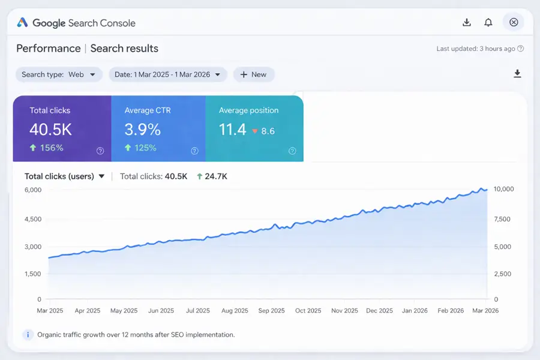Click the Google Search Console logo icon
pyautogui.click(x=22, y=23)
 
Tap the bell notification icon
pyautogui.click(x=488, y=23)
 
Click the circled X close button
pyautogui.click(x=514, y=22)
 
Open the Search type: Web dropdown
pyautogui.click(x=58, y=74)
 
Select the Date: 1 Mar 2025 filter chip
pyautogui.click(x=167, y=74)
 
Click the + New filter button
pyautogui.click(x=253, y=74)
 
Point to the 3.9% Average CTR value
pyautogui.click(x=143, y=129)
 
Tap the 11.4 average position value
pyautogui.click(x=233, y=129)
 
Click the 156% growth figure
pyautogui.click(x=51, y=148)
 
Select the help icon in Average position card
pyautogui.click(x=292, y=151)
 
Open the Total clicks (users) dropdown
pyautogui.click(x=65, y=176)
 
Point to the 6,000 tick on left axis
pyautogui.click(x=33, y=190)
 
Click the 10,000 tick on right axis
pyautogui.click(x=503, y=189)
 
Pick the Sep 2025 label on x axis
pyautogui.click(x=271, y=311)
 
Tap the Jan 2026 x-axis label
pyautogui.click(x=415, y=311)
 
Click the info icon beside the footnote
pyautogui.click(x=28, y=335)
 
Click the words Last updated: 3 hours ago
pyautogui.click(x=476, y=49)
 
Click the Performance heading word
pyautogui.click(x=48, y=49)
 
